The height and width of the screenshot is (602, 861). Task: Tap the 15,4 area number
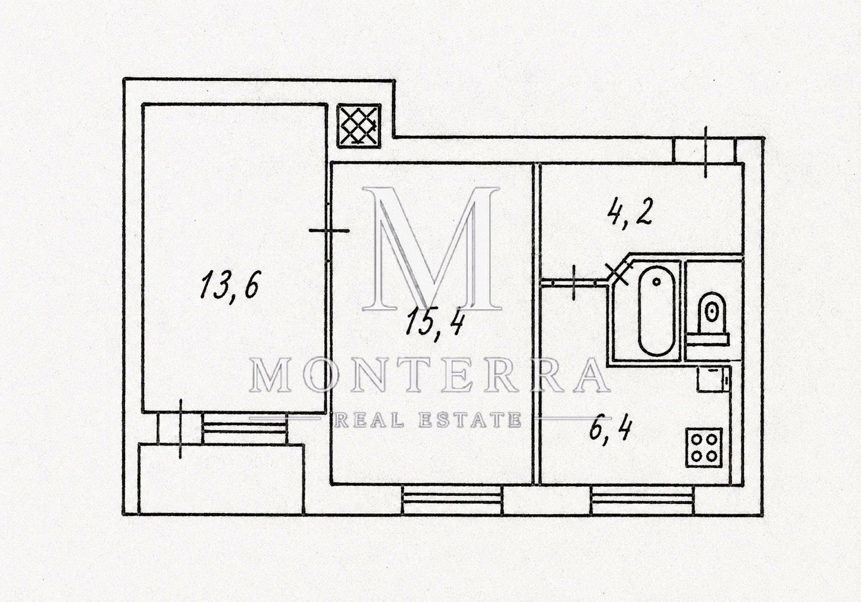tap(435, 326)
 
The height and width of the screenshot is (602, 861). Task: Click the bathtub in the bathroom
tap(657, 311)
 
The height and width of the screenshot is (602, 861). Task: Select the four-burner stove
tap(704, 448)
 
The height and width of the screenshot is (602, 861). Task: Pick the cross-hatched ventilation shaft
tap(359, 126)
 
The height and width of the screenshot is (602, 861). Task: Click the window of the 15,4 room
tap(452, 500)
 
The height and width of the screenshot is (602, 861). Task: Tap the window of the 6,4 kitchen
tap(643, 500)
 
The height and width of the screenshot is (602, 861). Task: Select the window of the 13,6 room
tap(245, 428)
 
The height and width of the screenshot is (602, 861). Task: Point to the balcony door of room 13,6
tap(180, 429)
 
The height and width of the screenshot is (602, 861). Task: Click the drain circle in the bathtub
tap(657, 282)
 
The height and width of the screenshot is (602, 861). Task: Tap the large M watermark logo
tap(431, 249)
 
